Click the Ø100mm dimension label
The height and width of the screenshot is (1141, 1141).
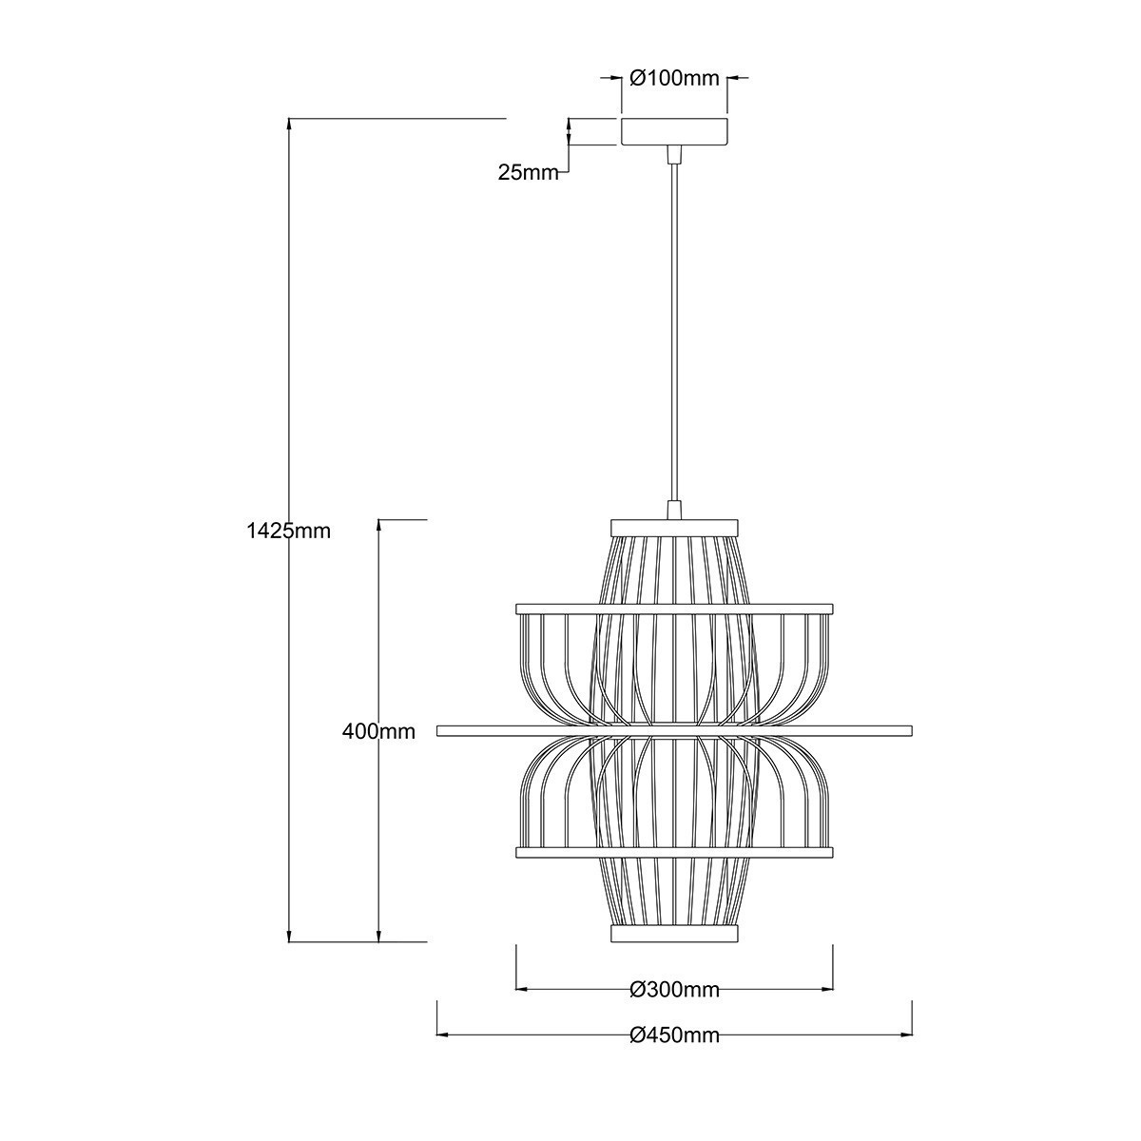pyautogui.click(x=675, y=79)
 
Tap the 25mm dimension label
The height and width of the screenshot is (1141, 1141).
pyautogui.click(x=528, y=172)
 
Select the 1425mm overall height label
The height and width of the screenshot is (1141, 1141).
pyautogui.click(x=288, y=532)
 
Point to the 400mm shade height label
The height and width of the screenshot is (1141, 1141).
pyautogui.click(x=379, y=731)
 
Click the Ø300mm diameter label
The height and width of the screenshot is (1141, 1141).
pyautogui.click(x=674, y=990)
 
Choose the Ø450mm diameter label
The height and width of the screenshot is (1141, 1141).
pyautogui.click(x=674, y=1035)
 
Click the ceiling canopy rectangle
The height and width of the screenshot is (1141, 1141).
pyautogui.click(x=674, y=131)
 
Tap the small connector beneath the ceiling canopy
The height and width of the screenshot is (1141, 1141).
pyautogui.click(x=674, y=153)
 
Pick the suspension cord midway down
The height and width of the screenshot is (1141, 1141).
pyautogui.click(x=674, y=333)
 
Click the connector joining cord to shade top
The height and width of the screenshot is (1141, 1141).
pyautogui.click(x=674, y=511)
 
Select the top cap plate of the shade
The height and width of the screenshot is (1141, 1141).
pyautogui.click(x=674, y=524)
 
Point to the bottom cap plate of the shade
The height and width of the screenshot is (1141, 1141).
pyautogui.click(x=674, y=936)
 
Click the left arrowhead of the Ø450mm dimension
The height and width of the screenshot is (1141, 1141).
pyautogui.click(x=441, y=1035)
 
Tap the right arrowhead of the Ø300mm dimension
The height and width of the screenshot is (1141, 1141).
pyautogui.click(x=827, y=989)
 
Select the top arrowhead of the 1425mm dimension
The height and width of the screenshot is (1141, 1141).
pyautogui.click(x=288, y=125)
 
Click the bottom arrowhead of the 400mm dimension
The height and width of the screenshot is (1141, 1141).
pyautogui.click(x=379, y=937)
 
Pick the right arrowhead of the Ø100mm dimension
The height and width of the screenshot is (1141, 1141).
pyautogui.click(x=734, y=78)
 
